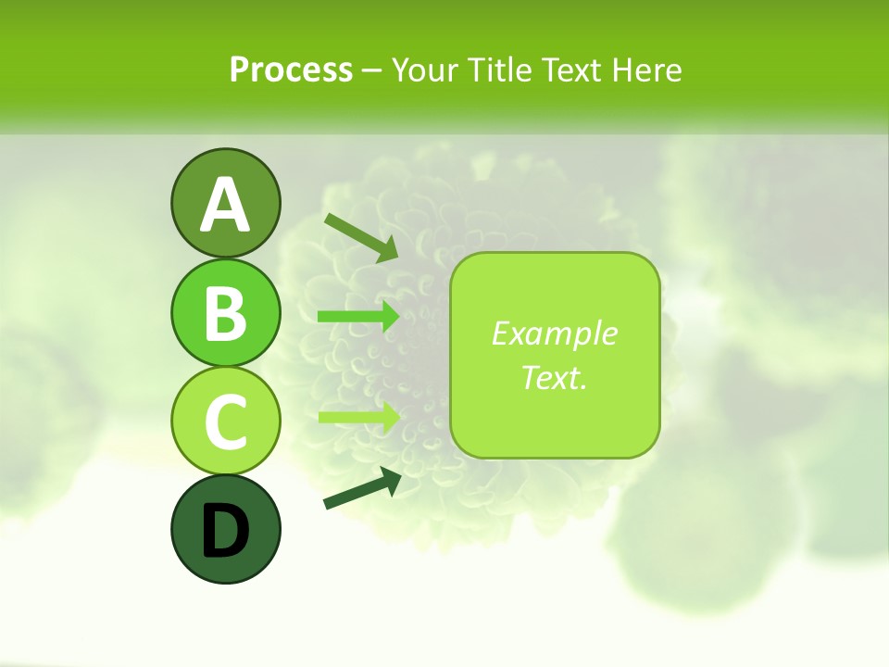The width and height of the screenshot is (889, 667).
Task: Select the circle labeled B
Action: click(225, 312)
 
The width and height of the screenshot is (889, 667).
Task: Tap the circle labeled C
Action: click(225, 421)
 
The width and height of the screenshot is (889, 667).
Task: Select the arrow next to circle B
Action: click(358, 317)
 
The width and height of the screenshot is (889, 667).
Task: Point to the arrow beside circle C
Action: click(358, 417)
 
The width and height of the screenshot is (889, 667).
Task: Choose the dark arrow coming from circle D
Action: click(362, 489)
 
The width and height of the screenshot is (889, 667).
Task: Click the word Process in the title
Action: click(291, 69)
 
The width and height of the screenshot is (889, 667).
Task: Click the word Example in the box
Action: click(554, 333)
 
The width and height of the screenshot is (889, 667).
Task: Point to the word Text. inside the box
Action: click(554, 377)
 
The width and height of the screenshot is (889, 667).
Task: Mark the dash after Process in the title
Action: click(371, 70)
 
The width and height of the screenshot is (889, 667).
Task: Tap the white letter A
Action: click(225, 205)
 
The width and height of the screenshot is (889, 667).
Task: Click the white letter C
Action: click(225, 422)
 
